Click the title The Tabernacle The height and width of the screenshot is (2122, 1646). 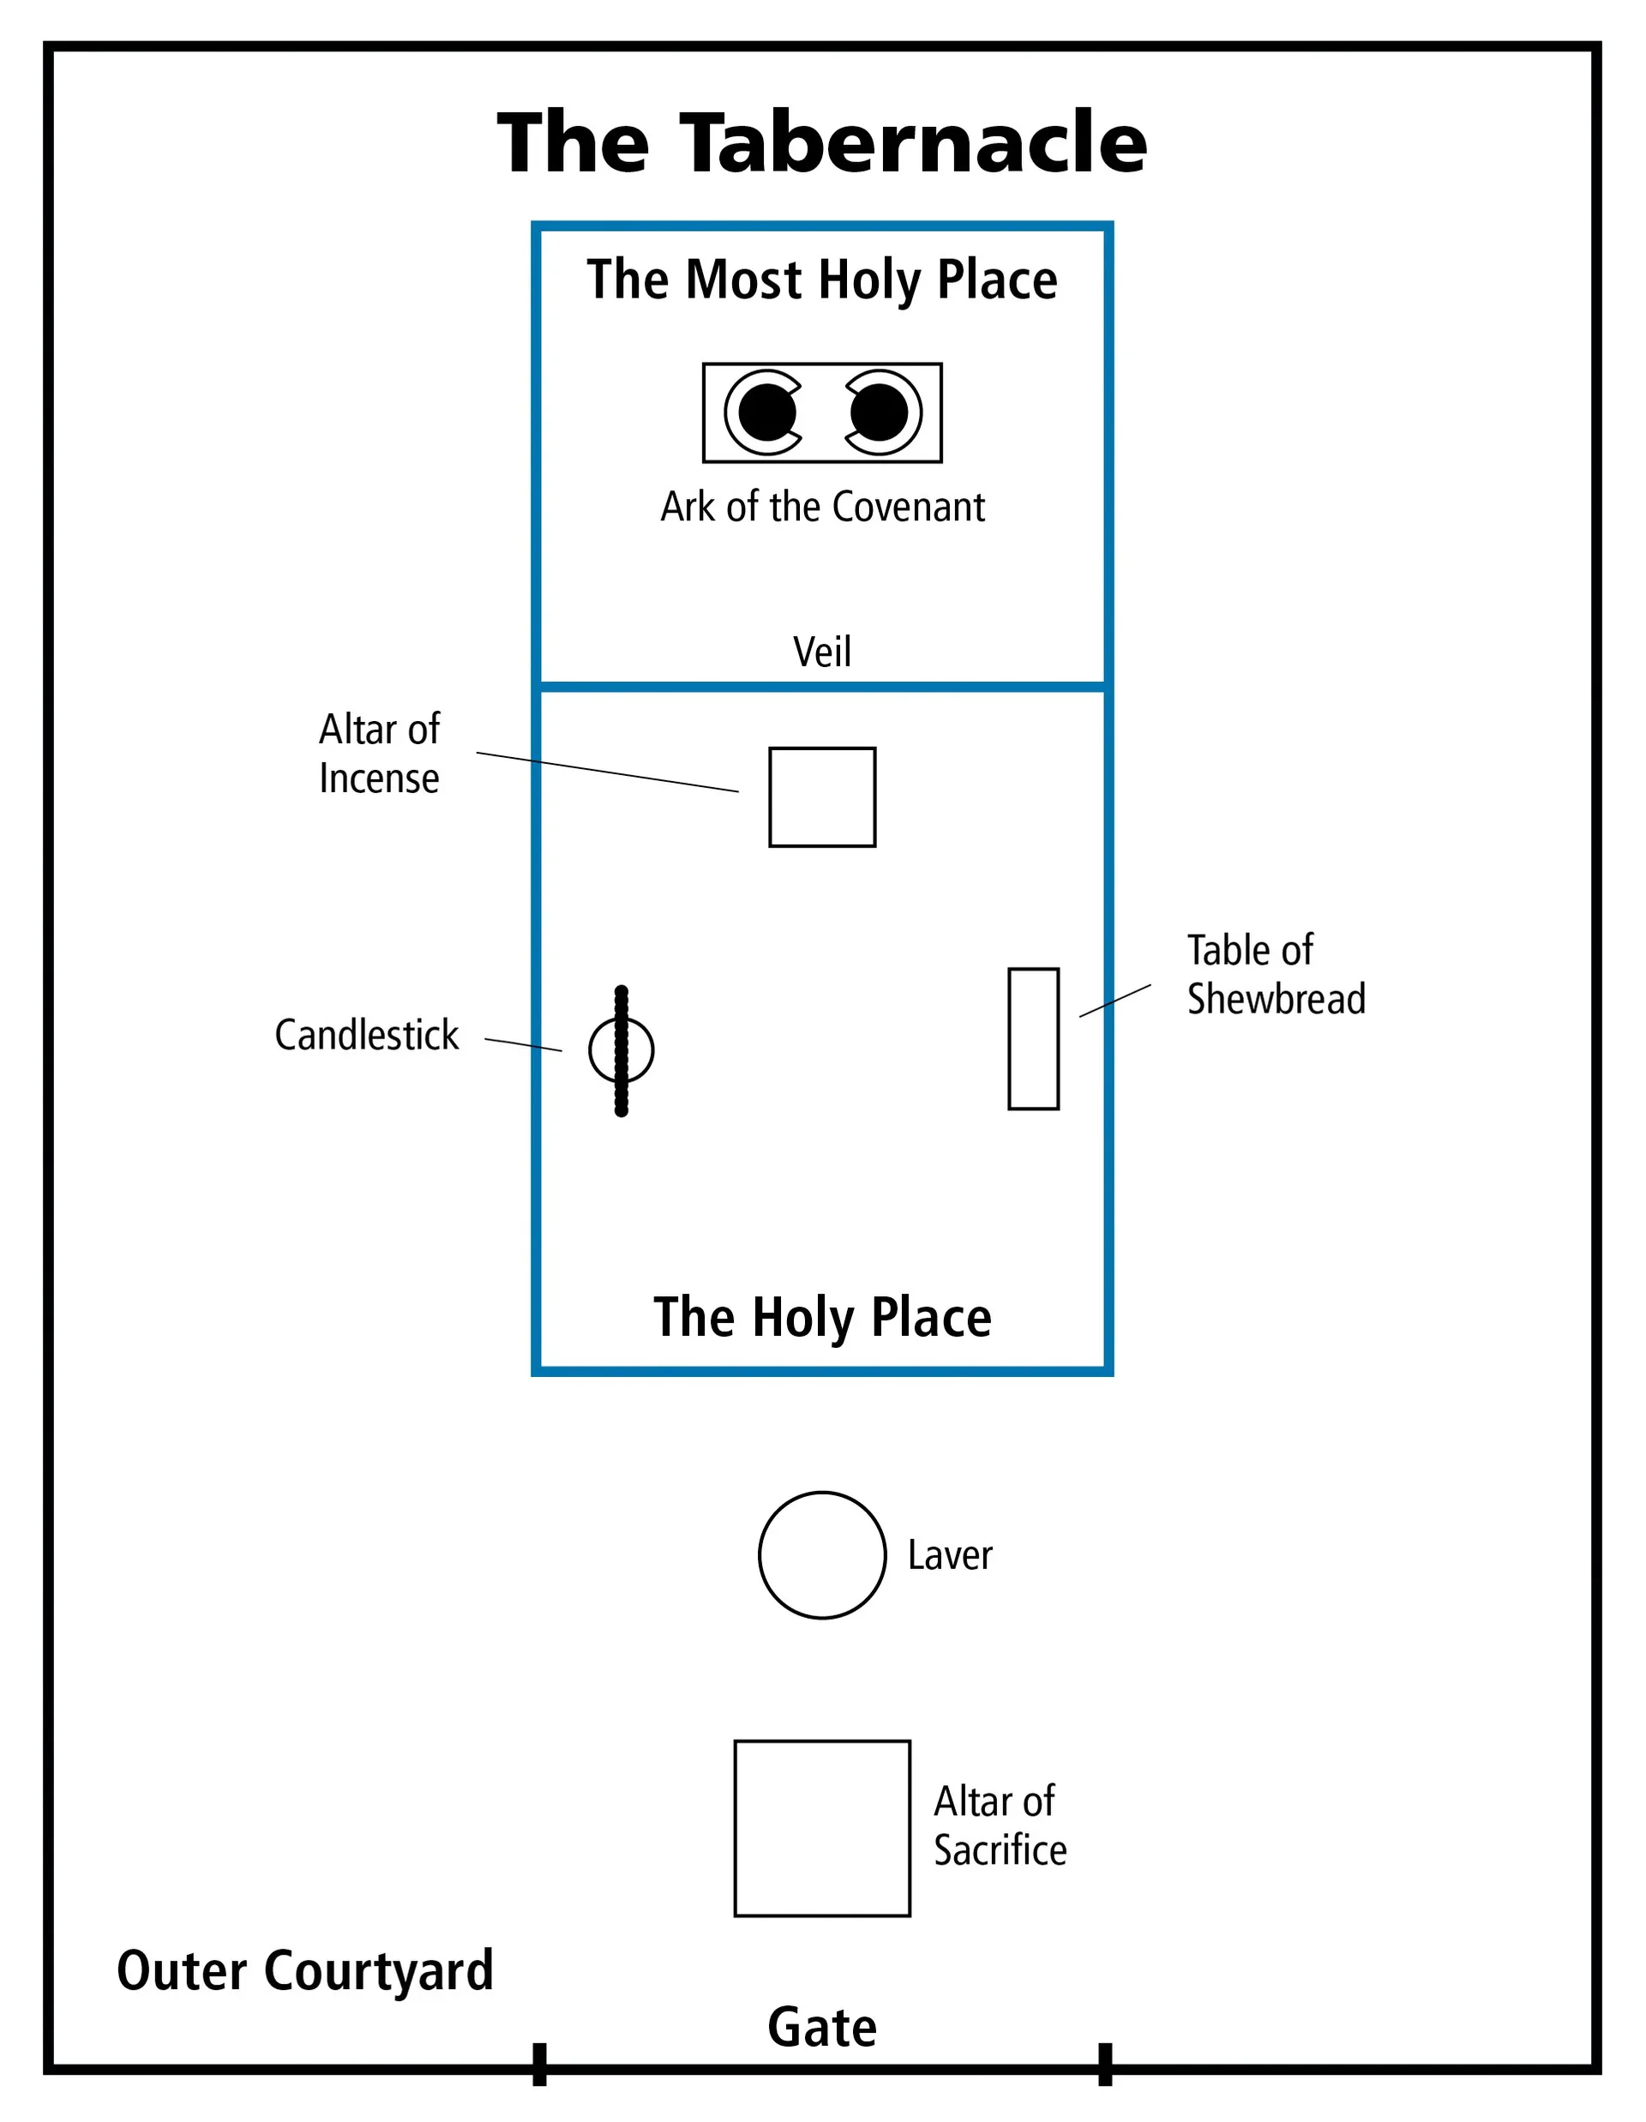[822, 143]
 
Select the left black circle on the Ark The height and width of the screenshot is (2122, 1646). [766, 412]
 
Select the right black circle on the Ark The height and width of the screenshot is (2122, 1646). [880, 412]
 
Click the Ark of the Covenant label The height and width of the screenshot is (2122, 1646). [822, 508]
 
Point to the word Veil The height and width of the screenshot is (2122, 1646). [822, 652]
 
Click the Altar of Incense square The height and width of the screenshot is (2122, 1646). [822, 797]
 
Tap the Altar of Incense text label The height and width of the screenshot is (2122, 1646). [379, 754]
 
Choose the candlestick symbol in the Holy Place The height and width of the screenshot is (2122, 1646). [621, 1050]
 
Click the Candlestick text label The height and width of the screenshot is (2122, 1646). [366, 1035]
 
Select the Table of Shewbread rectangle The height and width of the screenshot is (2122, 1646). [1033, 1037]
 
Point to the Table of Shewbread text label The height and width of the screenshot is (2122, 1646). [1276, 975]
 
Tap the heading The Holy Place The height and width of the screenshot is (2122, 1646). [822, 1317]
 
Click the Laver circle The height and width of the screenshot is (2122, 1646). [822, 1554]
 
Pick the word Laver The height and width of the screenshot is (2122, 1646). [949, 1555]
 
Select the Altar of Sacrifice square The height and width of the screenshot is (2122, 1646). [822, 1828]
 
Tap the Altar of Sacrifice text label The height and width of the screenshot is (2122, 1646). [999, 1825]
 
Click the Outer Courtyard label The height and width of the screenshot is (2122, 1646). [305, 1970]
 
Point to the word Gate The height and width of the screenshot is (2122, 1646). [822, 2027]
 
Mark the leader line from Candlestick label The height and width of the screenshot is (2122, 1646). [523, 1044]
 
